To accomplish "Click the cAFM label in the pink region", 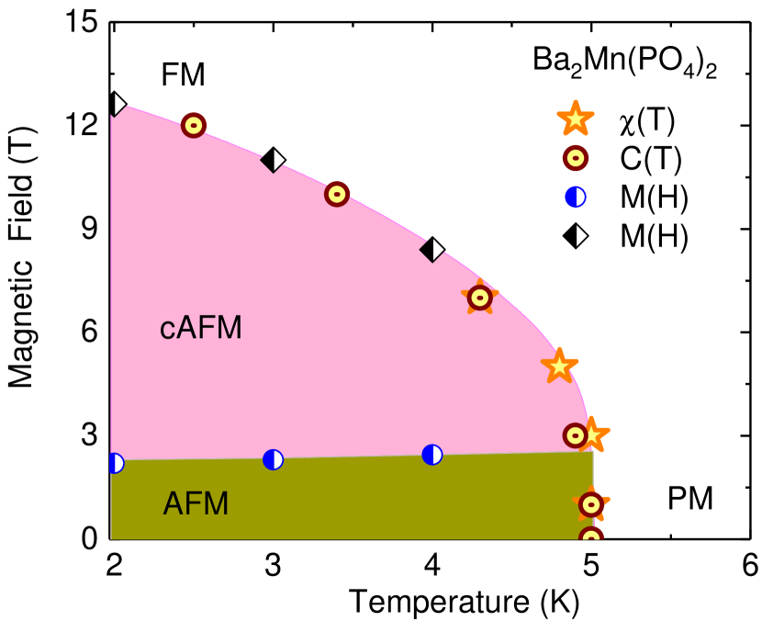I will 200,328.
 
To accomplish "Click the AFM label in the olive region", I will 196,503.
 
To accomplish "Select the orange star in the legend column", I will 575,119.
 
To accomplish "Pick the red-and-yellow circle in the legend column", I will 576,158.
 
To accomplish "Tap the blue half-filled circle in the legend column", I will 576,197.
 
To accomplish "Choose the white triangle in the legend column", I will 581,235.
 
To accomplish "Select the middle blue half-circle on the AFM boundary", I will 273,459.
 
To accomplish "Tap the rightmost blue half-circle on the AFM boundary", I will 432,455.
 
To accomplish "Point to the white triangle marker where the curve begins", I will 119,105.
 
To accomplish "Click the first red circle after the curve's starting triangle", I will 194,125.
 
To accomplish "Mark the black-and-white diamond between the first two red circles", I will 273,161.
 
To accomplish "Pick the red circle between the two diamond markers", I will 337,194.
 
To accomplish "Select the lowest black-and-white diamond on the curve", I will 432,250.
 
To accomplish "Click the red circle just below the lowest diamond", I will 480,298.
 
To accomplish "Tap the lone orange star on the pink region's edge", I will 559,366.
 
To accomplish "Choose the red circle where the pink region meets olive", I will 576,435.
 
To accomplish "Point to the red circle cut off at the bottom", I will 591,535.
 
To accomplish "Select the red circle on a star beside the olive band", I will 591,503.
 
